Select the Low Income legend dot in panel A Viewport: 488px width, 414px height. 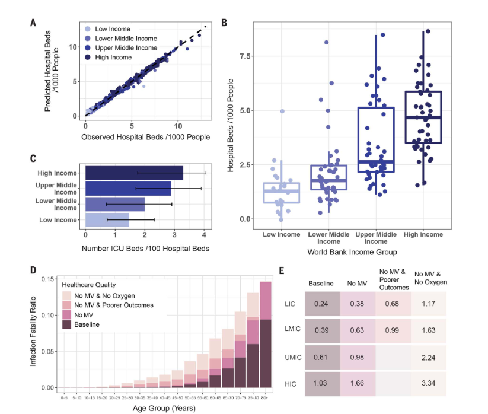pyautogui.click(x=88, y=29)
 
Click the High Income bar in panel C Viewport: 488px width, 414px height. pyautogui.click(x=134, y=173)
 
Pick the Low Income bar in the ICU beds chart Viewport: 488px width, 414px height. pyautogui.click(x=107, y=220)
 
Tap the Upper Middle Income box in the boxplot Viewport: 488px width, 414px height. pyautogui.click(x=376, y=139)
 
